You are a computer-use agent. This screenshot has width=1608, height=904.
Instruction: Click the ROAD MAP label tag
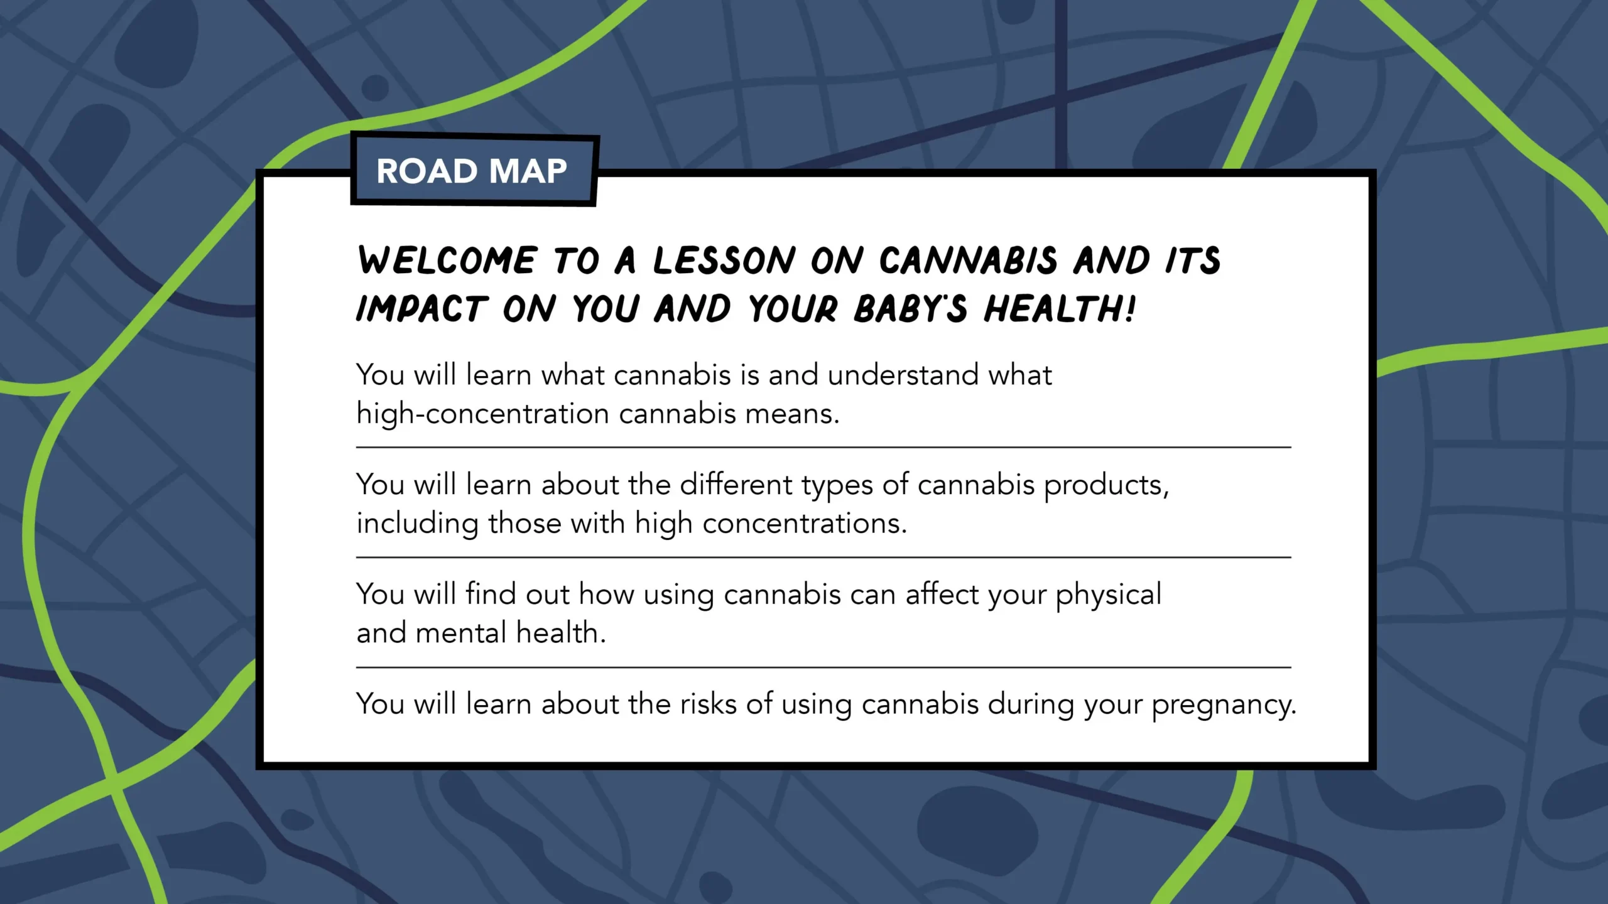(472, 171)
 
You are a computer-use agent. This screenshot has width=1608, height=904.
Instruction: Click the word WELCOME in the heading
(447, 261)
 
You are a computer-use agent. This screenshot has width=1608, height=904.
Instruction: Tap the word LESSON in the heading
(724, 261)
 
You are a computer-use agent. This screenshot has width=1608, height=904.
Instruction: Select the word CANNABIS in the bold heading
(968, 261)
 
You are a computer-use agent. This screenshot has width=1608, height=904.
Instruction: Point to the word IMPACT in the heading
(421, 309)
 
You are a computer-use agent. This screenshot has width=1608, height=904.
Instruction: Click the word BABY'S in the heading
(910, 309)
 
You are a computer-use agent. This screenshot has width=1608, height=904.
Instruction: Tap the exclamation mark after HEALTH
(1130, 309)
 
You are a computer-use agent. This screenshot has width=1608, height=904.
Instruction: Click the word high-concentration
(482, 414)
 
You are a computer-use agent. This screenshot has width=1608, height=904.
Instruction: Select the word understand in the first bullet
(903, 375)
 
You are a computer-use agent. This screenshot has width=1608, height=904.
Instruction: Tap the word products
(1105, 486)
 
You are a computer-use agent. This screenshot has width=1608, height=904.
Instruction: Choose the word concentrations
(804, 524)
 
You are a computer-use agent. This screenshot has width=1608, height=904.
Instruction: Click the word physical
(1108, 595)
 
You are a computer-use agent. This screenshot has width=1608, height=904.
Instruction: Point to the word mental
(461, 633)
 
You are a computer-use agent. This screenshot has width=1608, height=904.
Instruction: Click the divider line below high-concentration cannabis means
(823, 448)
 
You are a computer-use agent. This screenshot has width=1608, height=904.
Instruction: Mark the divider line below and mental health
(823, 667)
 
